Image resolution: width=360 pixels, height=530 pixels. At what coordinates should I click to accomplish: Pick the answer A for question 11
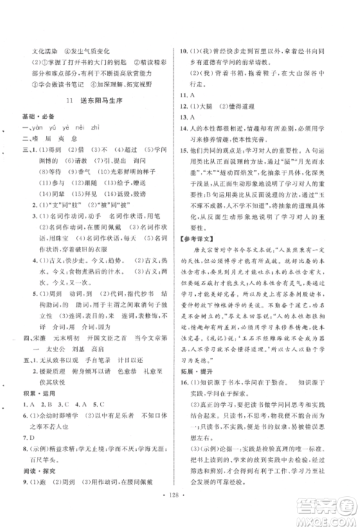[203, 94]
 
